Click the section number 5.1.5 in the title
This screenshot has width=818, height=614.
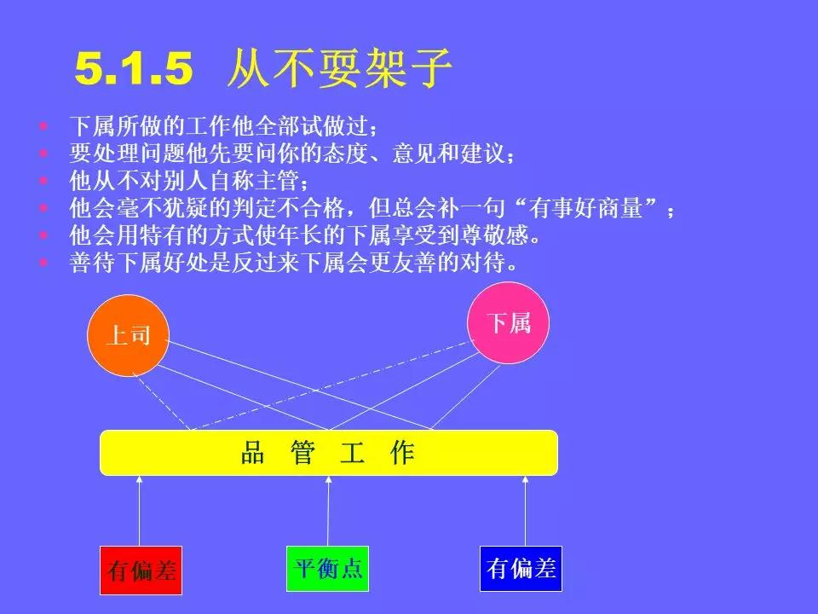(x=135, y=69)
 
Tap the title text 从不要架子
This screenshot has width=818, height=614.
(x=338, y=69)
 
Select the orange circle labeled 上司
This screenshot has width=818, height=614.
(x=129, y=335)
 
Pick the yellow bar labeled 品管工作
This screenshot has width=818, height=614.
(x=329, y=453)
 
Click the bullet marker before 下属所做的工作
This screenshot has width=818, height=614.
(x=44, y=128)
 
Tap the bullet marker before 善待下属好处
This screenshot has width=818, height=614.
(x=44, y=263)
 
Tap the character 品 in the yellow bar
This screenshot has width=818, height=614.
(x=253, y=453)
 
